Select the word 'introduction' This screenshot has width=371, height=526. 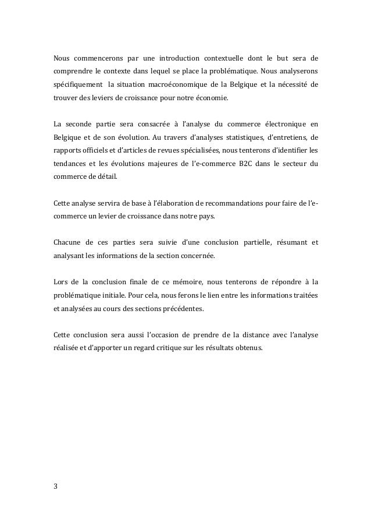[x=175, y=59]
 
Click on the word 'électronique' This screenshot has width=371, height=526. [x=273, y=125]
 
